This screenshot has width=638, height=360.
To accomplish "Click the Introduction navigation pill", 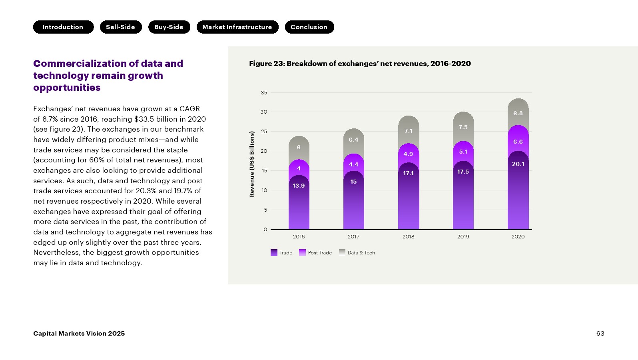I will click(x=63, y=27).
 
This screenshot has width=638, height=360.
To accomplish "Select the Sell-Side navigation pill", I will click(x=121, y=27).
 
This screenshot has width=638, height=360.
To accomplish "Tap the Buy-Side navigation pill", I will click(x=169, y=27).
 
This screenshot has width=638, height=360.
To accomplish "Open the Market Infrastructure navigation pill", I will click(x=237, y=27).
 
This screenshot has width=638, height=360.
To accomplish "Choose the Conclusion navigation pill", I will click(x=309, y=27).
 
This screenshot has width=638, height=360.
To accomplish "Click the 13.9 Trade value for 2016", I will click(x=299, y=186).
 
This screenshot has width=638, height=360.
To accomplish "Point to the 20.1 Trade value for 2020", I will click(x=518, y=164).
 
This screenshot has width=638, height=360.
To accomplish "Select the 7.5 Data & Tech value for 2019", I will click(x=463, y=127).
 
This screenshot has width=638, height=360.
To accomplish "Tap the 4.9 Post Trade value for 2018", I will click(x=408, y=154).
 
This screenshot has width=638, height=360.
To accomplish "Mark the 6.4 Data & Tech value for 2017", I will click(x=353, y=140).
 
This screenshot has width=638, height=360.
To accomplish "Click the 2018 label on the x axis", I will click(x=408, y=237).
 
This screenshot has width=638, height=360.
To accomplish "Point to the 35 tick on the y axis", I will click(x=264, y=93).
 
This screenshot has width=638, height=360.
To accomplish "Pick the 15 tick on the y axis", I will click(x=264, y=171).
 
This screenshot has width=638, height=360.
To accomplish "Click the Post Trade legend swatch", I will click(x=302, y=253).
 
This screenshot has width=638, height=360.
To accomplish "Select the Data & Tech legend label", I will click(x=361, y=253).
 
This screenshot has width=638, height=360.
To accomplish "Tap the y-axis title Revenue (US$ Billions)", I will click(x=252, y=164).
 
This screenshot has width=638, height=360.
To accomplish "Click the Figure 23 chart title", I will click(x=360, y=64).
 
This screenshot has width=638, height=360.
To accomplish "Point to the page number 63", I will click(x=600, y=334).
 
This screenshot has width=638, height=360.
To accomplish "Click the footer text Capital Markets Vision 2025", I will click(x=79, y=334).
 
